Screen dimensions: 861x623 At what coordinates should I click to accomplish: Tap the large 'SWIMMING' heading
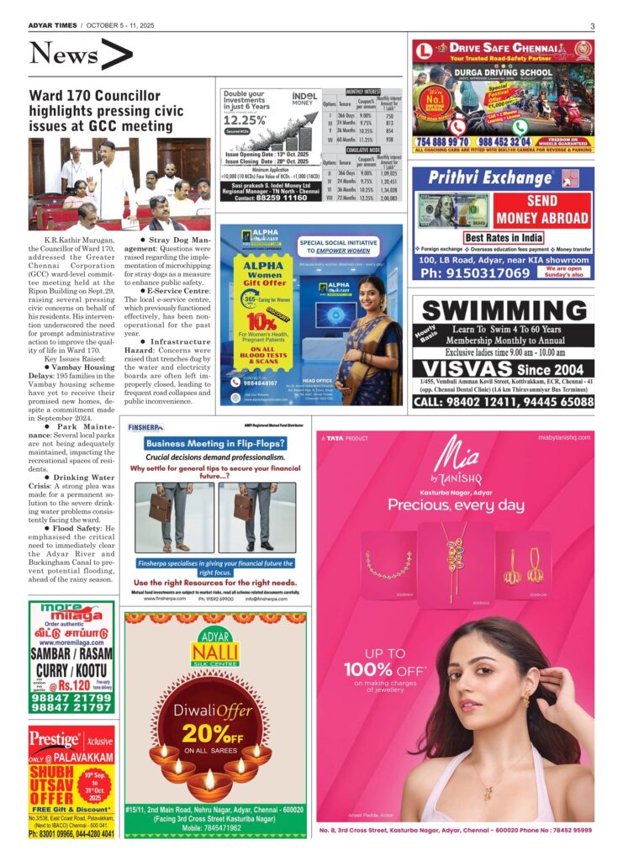tap(503, 309)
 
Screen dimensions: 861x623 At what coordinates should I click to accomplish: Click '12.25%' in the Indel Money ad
tap(246, 120)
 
